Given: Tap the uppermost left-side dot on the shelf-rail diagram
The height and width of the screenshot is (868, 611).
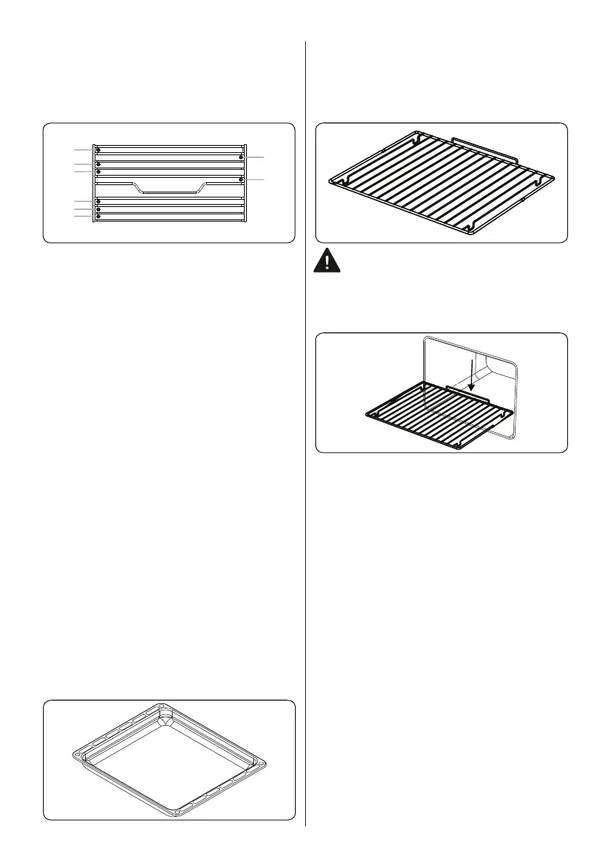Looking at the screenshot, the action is (x=97, y=149).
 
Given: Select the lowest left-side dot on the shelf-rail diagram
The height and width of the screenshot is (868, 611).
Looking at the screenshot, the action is (x=97, y=217).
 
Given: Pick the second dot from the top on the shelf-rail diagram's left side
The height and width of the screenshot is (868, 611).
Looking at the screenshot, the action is (x=97, y=165).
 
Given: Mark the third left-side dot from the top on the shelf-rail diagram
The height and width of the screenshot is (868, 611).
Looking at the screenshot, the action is (x=97, y=173).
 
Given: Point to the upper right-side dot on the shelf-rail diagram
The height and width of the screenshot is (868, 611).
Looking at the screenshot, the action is (x=240, y=157).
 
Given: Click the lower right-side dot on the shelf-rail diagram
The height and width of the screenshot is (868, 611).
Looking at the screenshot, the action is (x=240, y=179).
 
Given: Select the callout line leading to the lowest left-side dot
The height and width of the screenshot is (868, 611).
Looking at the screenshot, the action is (x=83, y=217).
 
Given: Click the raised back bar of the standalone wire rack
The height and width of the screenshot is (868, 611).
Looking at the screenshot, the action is (x=484, y=143).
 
